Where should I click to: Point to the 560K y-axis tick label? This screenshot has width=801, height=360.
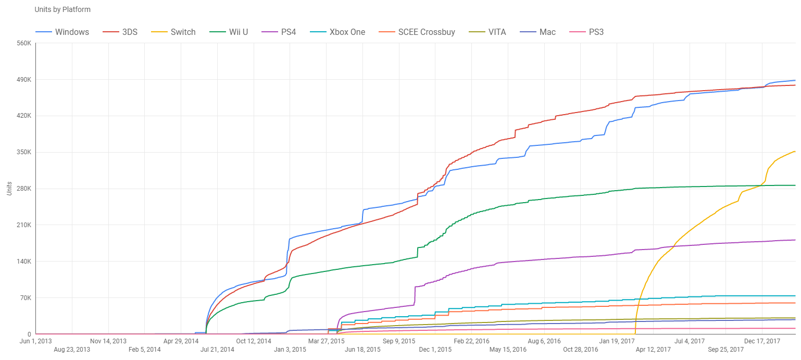point(24,43)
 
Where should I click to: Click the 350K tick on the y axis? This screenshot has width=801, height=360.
point(24,152)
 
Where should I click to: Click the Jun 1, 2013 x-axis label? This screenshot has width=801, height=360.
point(36,341)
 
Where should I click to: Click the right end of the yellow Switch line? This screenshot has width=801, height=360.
point(795,152)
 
